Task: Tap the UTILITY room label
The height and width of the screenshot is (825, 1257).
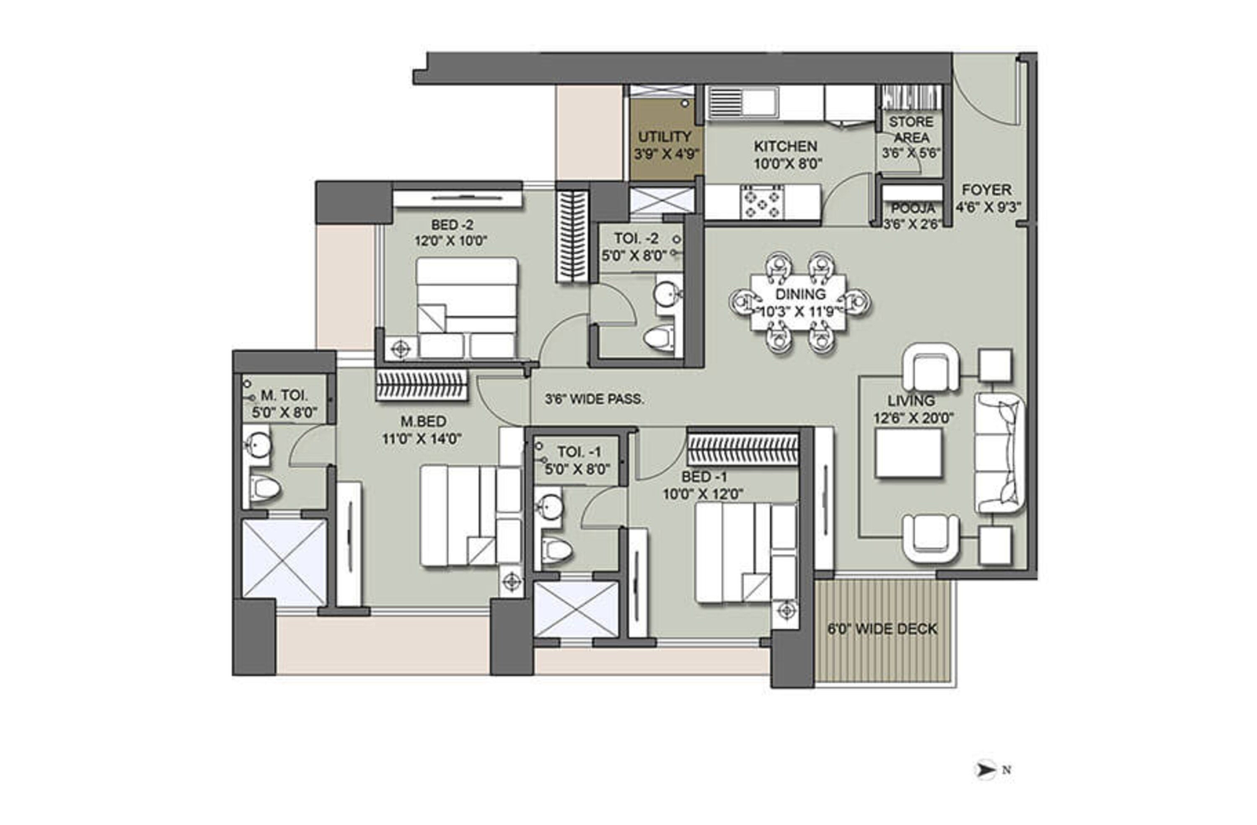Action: click(x=665, y=137)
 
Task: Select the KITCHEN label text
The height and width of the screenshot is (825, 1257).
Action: click(x=785, y=146)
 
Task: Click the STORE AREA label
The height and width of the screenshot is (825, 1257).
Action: click(x=911, y=129)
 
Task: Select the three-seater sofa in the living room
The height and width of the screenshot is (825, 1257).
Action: click(x=1000, y=453)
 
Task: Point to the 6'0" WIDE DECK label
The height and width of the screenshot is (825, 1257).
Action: click(x=882, y=628)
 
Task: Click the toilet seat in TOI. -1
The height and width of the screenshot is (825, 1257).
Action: click(x=556, y=551)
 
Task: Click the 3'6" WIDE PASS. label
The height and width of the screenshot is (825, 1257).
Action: click(x=594, y=399)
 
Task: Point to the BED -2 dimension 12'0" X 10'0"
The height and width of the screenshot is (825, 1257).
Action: click(x=450, y=241)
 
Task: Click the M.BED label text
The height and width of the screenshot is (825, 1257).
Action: click(x=423, y=422)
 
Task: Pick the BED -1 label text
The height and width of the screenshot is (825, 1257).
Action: click(x=704, y=477)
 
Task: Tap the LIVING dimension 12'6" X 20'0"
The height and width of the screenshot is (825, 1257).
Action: click(x=913, y=418)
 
